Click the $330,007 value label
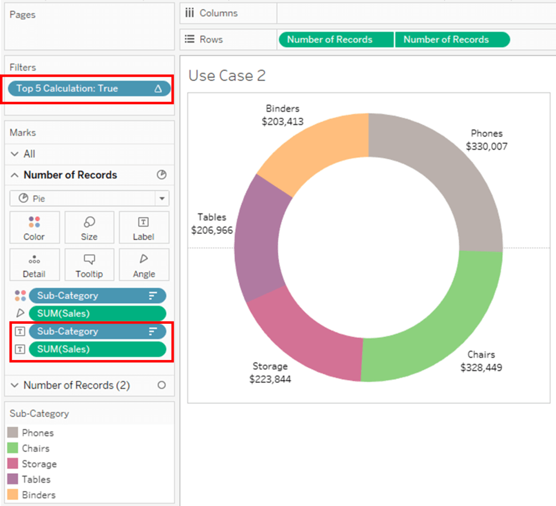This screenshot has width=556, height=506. [487, 147]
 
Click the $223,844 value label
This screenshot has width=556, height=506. [270, 379]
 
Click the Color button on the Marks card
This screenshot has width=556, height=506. [34, 228]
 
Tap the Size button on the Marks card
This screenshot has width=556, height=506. [89, 228]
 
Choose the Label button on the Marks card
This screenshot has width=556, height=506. [143, 228]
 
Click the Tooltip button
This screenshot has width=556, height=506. [89, 265]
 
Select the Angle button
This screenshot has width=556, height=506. [143, 265]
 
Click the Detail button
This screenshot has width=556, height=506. [34, 265]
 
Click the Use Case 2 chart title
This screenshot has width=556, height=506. [227, 76]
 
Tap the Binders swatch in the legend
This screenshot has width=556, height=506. [13, 495]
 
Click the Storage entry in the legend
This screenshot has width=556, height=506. [39, 464]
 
